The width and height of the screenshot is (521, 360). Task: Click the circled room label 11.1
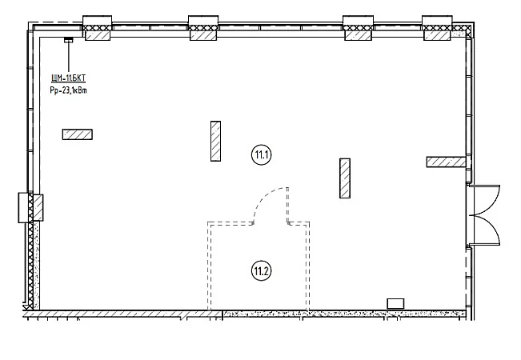coord(262,154)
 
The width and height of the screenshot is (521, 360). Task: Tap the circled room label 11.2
coord(262,270)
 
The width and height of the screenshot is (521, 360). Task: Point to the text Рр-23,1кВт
coord(68,92)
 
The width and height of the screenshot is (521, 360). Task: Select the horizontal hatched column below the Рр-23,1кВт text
coord(78,134)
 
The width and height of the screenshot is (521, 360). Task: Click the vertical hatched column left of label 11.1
coord(215,142)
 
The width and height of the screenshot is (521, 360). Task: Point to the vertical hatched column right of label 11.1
coord(345,178)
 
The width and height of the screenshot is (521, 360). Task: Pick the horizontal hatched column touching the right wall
coord(445,162)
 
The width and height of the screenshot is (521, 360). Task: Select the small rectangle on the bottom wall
coord(395,303)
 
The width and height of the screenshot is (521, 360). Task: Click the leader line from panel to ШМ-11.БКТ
coord(68,56)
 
